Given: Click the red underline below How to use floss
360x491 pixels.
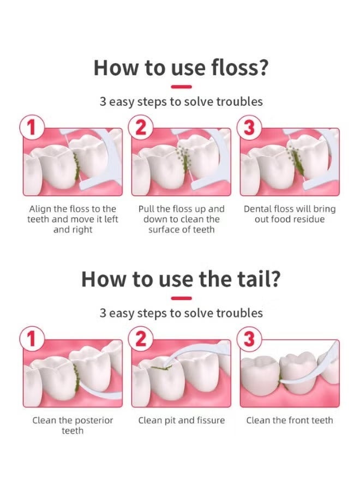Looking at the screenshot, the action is pyautogui.click(x=181, y=87).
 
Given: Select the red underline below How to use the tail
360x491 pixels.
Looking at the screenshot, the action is pyautogui.click(x=181, y=298).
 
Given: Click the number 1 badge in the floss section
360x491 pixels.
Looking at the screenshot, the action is pyautogui.click(x=31, y=127).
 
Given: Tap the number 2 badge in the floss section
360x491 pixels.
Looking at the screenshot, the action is pyautogui.click(x=141, y=127).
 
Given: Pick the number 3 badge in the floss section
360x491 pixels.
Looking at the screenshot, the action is pyautogui.click(x=249, y=127).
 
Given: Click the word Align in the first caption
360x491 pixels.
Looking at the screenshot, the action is pyautogui.click(x=40, y=209).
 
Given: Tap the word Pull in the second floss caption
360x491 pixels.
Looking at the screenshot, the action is pyautogui.click(x=146, y=209).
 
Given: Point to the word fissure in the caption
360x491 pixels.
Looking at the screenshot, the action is pyautogui.click(x=210, y=420).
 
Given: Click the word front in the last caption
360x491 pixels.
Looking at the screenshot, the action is pyautogui.click(x=296, y=420).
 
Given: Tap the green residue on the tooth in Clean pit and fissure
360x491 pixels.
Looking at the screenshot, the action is pyautogui.click(x=160, y=368).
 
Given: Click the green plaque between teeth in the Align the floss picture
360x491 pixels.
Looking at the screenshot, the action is pyautogui.click(x=76, y=165).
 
